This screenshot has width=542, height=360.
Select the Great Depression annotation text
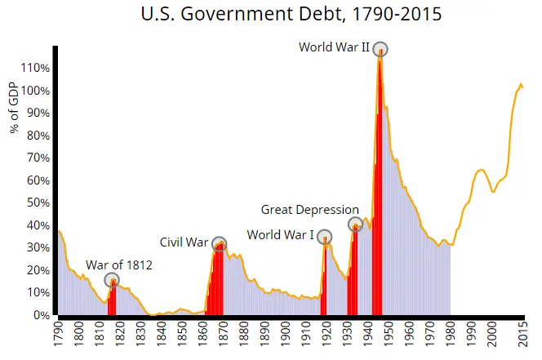click(310, 209)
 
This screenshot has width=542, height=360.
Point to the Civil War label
click(184, 242)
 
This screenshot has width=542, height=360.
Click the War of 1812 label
click(119, 264)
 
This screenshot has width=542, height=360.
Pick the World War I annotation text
click(280, 235)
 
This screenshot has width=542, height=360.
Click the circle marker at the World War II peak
click(380, 49)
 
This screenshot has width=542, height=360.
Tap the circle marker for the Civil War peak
click(219, 244)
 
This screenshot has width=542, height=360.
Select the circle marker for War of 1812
click(112, 280)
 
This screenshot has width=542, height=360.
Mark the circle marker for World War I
click(324, 238)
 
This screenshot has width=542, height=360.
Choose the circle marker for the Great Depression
click(355, 224)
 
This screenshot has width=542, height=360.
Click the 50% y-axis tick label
click(39, 202)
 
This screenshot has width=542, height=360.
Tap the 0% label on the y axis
click(42, 315)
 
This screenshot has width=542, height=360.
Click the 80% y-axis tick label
click(39, 136)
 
